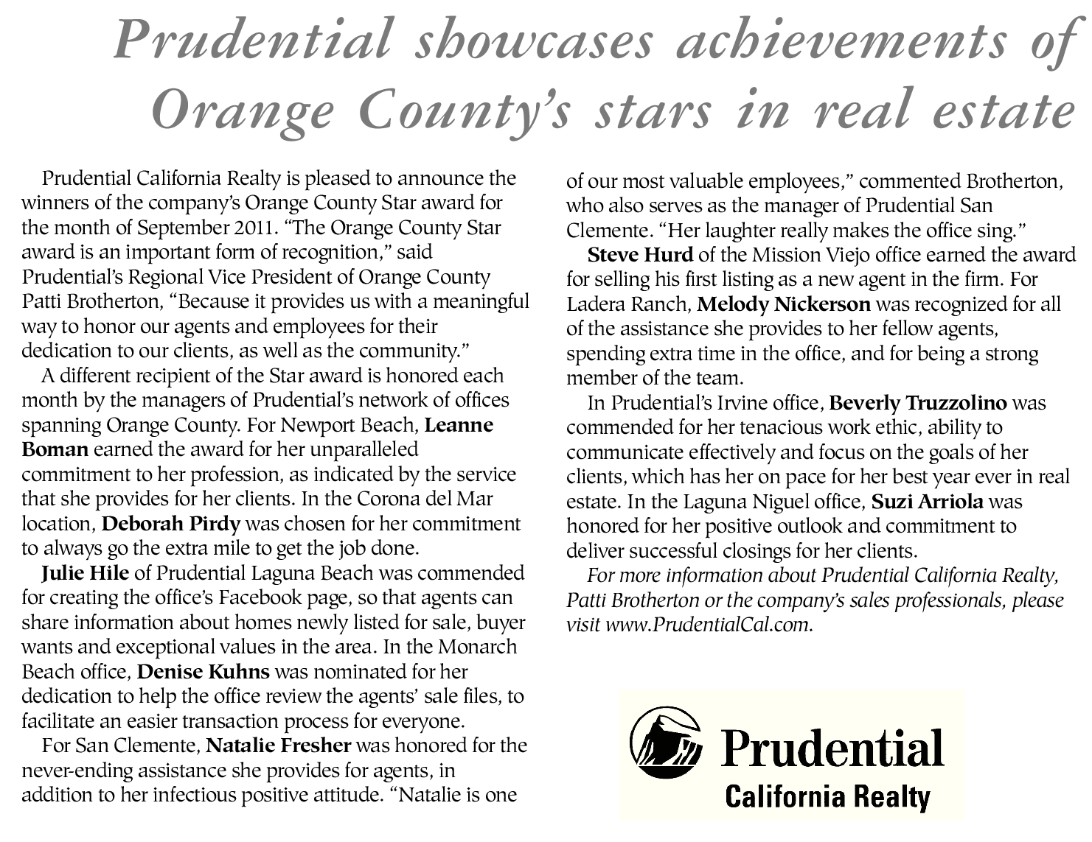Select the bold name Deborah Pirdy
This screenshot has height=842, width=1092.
click(171, 524)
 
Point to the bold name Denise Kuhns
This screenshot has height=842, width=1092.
click(204, 671)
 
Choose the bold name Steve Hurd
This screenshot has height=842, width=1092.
click(640, 255)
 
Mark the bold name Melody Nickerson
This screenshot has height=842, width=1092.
click(784, 304)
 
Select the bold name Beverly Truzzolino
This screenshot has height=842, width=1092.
click(918, 403)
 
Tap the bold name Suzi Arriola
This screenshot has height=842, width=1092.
click(927, 502)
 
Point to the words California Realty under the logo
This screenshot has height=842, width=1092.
click(827, 796)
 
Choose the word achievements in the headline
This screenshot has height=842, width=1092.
click(841, 41)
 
